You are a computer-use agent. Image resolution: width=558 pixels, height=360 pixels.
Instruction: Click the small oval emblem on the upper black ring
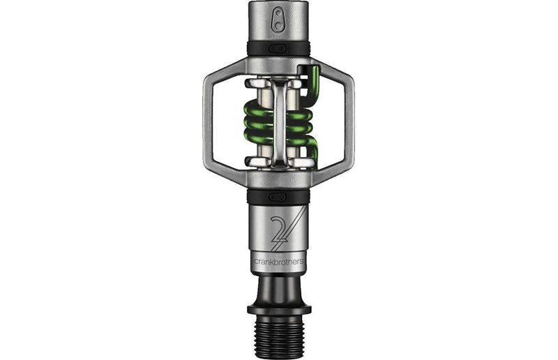click(279, 47)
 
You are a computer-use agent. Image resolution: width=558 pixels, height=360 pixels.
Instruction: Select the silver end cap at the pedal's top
click(279, 21)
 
